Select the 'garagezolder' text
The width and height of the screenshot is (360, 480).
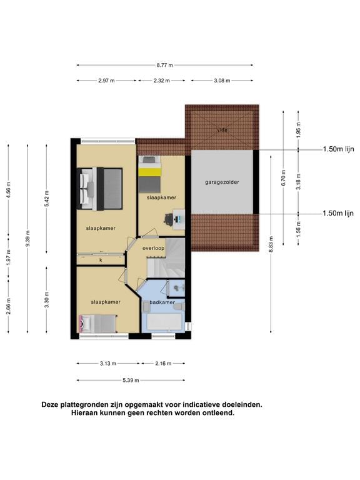222,182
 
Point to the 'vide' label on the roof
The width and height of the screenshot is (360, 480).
222,130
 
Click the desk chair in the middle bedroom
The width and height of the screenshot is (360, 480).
169,219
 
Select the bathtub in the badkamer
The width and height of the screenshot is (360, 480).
163,321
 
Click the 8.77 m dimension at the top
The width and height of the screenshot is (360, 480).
165,65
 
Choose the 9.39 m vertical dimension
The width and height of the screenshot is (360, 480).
27,237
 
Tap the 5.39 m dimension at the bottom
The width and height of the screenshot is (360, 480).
131,380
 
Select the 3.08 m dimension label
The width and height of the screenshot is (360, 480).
222,81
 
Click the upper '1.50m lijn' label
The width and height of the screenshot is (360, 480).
338,149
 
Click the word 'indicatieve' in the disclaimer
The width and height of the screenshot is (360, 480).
193,404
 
